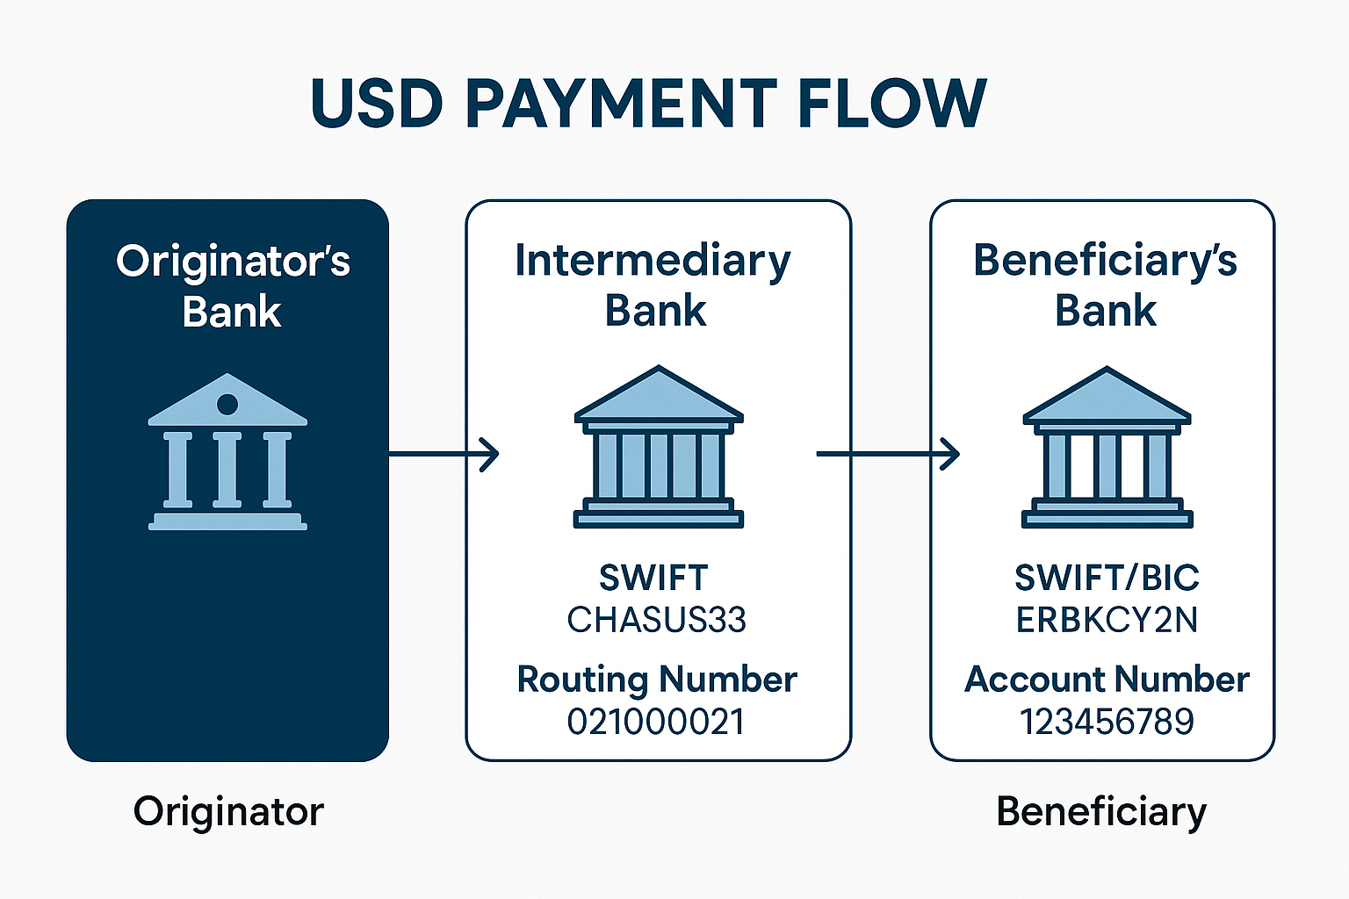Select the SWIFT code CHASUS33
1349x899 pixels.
coord(656,620)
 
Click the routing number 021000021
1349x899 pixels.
coord(656,722)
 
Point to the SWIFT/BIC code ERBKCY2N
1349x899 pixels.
coord(1107,620)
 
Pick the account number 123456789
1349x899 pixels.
coord(1107,722)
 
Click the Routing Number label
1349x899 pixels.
coord(656,680)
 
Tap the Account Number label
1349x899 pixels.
coord(1107,680)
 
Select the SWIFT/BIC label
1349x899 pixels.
coord(1107,578)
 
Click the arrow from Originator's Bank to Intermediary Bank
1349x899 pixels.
coord(444,454)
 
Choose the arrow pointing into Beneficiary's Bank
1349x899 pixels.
coord(887,454)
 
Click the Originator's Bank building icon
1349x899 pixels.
coord(227,452)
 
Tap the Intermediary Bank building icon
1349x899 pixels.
coord(659,447)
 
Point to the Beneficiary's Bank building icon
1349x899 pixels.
coord(1107,447)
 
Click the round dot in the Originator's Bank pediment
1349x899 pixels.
coord(227,404)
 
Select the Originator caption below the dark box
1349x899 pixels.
coord(228,811)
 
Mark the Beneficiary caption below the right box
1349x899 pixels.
coord(1101,811)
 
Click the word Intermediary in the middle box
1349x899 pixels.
coord(653,262)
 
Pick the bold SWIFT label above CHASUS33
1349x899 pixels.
coord(653,578)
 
